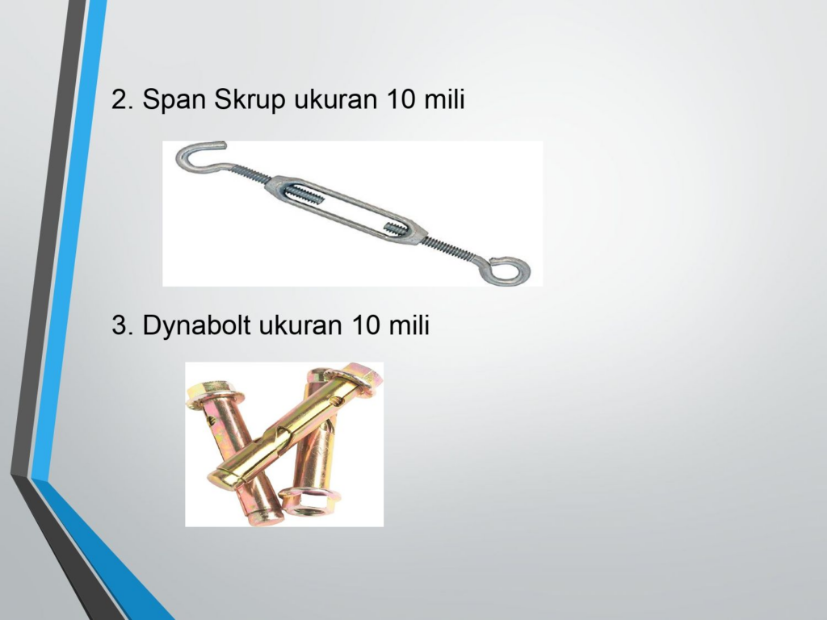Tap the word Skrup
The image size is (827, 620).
(x=250, y=99)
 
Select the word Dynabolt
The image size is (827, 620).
(x=196, y=325)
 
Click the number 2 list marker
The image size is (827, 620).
(x=122, y=99)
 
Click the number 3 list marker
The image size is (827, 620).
(x=122, y=325)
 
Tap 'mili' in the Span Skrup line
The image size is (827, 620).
(x=444, y=98)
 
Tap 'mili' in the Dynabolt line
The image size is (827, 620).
(x=409, y=325)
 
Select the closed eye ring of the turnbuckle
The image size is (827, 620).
(x=508, y=270)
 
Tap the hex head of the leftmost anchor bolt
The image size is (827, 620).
(x=214, y=396)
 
